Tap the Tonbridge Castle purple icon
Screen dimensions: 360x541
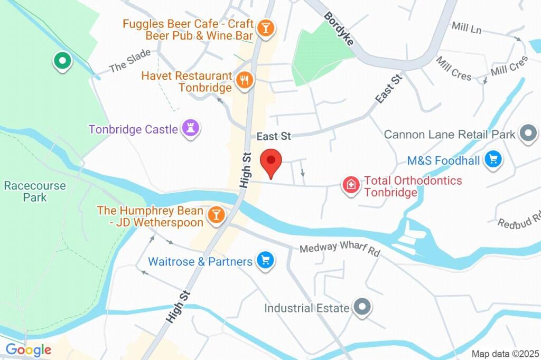[191, 128]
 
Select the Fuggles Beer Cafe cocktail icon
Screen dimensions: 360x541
[265, 27]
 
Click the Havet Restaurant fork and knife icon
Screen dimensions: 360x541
[244, 81]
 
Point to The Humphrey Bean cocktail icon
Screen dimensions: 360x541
[216, 215]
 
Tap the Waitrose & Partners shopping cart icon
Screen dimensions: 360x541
[265, 260]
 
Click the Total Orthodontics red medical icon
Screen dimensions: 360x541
[350, 185]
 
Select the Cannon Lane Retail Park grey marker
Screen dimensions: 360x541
[528, 134]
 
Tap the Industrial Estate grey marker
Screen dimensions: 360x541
[362, 307]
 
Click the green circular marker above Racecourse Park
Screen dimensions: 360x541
[62, 61]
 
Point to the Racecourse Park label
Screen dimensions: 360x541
[35, 192]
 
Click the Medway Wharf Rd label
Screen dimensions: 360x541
[340, 250]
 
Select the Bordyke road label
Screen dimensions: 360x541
[339, 29]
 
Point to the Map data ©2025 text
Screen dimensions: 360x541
[504, 354]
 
